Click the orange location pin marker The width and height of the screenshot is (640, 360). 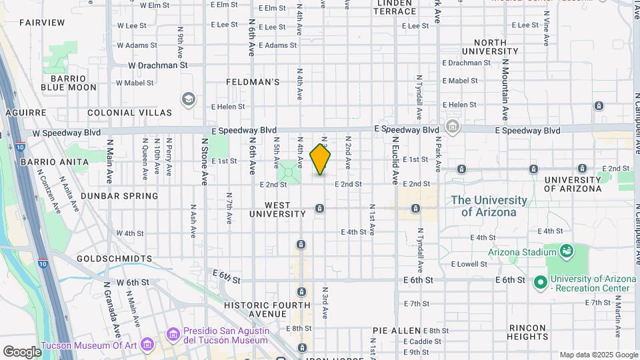321,159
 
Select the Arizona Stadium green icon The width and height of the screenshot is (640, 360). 567,251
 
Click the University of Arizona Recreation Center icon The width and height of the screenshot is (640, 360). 539,283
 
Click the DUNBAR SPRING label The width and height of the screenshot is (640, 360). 119,196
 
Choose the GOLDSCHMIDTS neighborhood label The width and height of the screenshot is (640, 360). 114,258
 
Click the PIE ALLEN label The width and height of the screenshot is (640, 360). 397,331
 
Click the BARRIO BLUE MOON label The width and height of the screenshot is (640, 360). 69,82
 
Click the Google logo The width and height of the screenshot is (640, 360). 22,352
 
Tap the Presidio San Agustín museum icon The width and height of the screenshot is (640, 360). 173,333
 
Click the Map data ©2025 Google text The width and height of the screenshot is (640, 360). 598,355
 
